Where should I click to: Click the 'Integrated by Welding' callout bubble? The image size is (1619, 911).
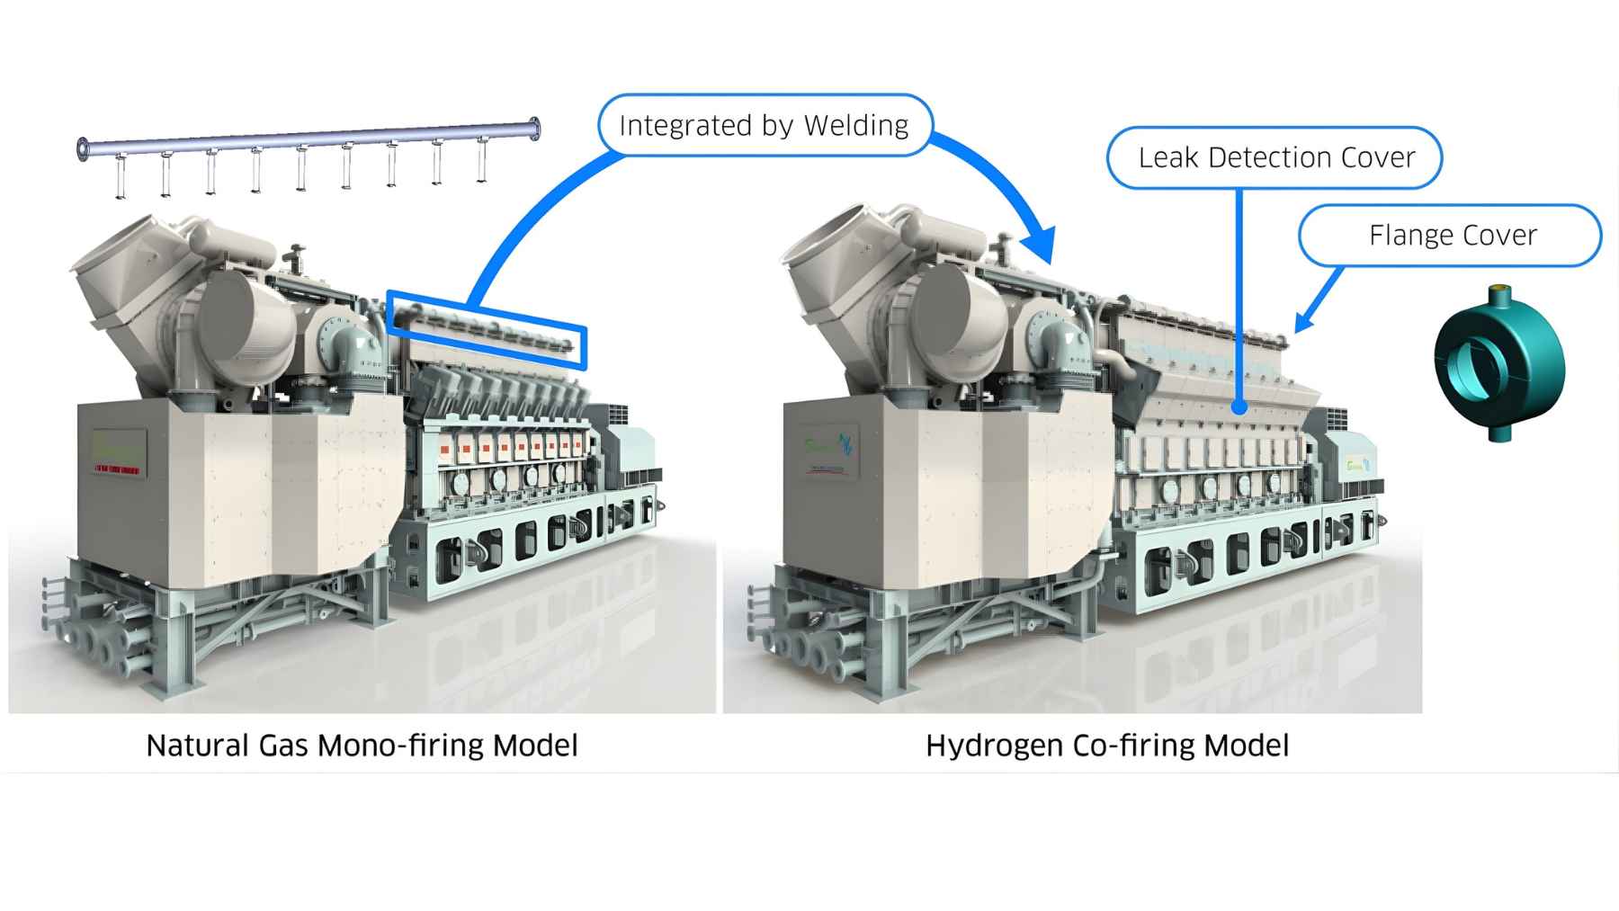point(765,126)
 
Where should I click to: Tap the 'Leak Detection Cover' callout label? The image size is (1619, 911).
point(1275,158)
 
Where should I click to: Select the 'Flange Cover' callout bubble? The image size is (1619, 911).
point(1451,236)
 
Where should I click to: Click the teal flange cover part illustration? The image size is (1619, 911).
point(1498,363)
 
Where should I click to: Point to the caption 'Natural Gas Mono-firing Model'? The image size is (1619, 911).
point(362,746)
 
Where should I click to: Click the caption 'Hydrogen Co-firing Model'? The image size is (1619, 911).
point(1106,746)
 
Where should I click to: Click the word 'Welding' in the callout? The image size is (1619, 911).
point(855,126)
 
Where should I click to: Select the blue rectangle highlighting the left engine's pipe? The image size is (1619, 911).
point(487,329)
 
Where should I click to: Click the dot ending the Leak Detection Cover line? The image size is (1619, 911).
point(1239,407)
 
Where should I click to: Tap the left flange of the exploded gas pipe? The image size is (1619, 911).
point(84,149)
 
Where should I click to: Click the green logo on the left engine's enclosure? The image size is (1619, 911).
point(118,446)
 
